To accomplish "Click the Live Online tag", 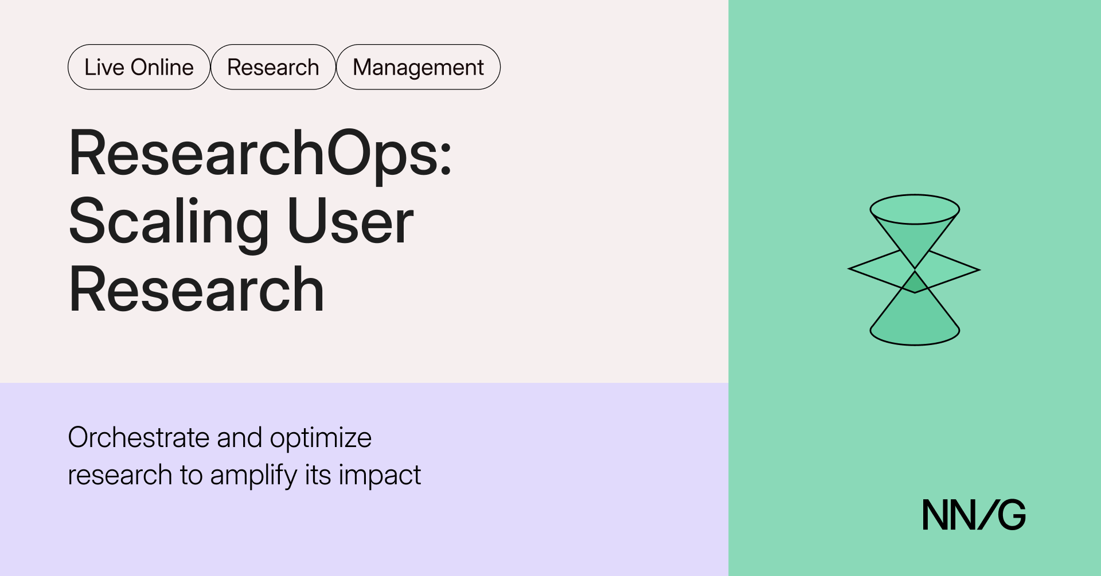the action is [139, 67].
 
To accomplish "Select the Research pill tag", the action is [273, 67].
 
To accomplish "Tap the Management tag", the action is [418, 67].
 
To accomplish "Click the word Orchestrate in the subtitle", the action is [139, 437].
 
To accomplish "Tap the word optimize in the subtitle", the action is [321, 438].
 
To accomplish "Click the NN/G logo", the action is [974, 515].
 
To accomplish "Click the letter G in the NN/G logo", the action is [1012, 515].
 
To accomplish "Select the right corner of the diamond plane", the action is [979, 269].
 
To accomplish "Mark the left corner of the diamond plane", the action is [849, 268].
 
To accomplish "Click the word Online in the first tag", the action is [162, 67].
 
